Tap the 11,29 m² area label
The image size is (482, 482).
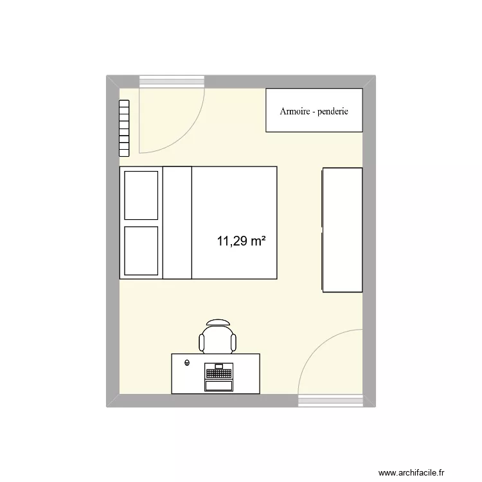pyautogui.click(x=242, y=242)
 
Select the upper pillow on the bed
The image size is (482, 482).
pyautogui.click(x=141, y=195)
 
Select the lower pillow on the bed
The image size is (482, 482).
pyautogui.click(x=141, y=251)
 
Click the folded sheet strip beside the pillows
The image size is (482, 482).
pyautogui.click(x=177, y=222)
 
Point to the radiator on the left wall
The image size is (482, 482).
pyautogui.click(x=124, y=128)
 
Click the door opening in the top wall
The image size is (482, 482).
pyautogui.click(x=172, y=81)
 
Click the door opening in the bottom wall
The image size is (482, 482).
pyautogui.click(x=331, y=400)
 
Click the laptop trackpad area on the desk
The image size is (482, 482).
pyautogui.click(x=218, y=386)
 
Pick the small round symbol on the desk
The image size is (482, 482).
pyautogui.click(x=187, y=362)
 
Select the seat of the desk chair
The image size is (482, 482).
pyautogui.click(x=219, y=341)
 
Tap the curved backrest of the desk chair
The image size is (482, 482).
pyautogui.click(x=219, y=321)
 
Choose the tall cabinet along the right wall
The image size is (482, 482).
pyautogui.click(x=342, y=229)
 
